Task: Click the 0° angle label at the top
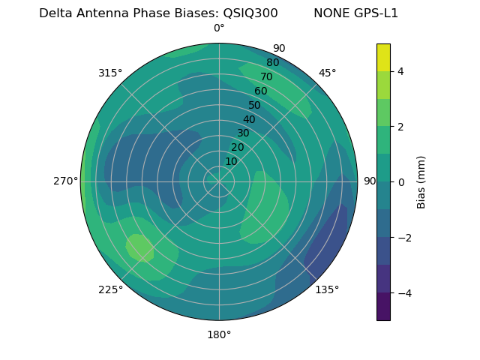tap(219, 28)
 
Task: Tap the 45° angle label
tap(327, 73)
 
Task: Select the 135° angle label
tap(327, 289)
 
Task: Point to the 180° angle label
tap(219, 334)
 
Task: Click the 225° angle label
tap(110, 290)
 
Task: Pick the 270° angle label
tap(66, 181)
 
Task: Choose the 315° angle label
tap(110, 73)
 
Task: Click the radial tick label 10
tap(231, 161)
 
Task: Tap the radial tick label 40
tap(249, 119)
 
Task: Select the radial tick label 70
tap(266, 76)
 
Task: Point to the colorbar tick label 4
tap(401, 71)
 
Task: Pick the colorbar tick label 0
tap(401, 181)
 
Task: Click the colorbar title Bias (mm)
tap(421, 181)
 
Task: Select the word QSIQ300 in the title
tap(250, 13)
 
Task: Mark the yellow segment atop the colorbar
tap(383, 57)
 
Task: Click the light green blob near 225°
tap(139, 247)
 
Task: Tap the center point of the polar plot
tap(219, 181)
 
